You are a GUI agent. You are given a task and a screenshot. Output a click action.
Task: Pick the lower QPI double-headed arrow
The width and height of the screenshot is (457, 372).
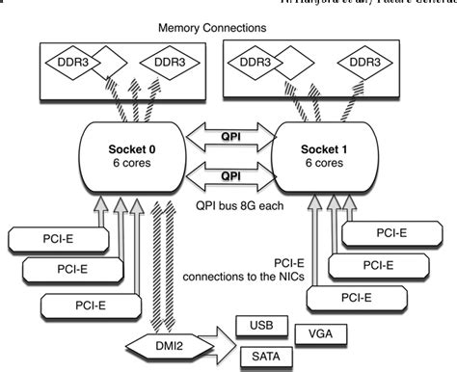pos(231,176)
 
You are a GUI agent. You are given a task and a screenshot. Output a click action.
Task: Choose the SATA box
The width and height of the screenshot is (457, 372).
pos(258,355)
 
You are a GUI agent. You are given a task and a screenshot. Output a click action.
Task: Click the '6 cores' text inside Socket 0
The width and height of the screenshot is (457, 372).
pos(131,164)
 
